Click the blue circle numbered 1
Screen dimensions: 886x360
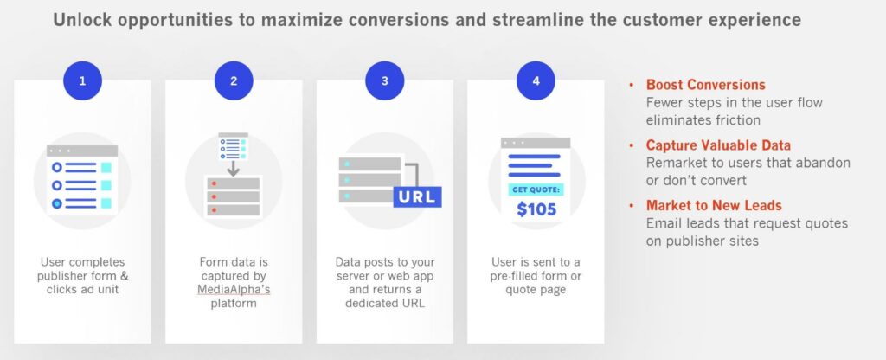(82, 80)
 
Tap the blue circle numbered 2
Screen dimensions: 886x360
(234, 80)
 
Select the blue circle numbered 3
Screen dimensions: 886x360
(385, 80)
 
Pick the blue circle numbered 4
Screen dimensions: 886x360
(536, 80)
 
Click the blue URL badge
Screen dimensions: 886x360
(417, 197)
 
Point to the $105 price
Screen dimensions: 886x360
(536, 209)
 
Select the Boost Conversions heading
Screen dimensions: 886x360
(706, 85)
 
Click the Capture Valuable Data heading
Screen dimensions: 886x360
(718, 145)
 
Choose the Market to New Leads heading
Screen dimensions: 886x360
(714, 205)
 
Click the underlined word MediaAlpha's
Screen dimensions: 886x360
(234, 290)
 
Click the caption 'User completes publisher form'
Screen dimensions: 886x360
(82, 269)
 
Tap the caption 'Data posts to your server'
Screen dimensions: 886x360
(385, 269)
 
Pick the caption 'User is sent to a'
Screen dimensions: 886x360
(536, 262)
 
